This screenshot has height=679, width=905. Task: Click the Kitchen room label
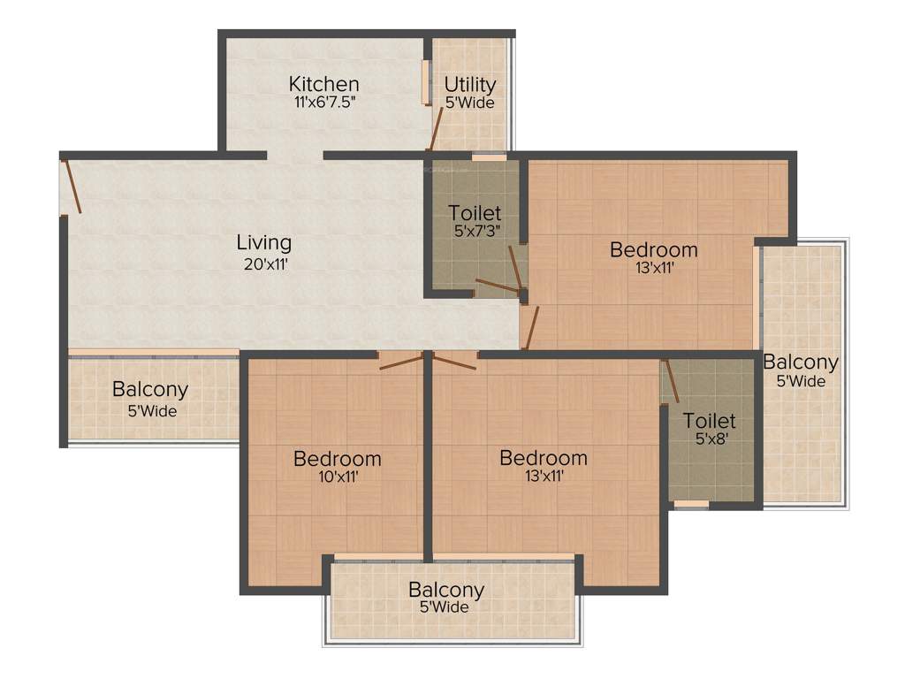323,84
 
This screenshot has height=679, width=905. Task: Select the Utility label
469,85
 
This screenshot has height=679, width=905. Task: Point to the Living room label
263,242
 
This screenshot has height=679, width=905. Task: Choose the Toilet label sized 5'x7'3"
475,213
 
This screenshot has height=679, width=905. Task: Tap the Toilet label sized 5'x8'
709,421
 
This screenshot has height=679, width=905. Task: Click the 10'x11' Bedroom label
338,459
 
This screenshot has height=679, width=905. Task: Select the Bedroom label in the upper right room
654,249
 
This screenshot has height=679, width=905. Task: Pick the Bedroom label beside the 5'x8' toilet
544,458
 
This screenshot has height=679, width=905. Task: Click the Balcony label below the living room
150,389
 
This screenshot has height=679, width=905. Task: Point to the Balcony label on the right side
801,362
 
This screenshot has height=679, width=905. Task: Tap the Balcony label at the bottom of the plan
445,590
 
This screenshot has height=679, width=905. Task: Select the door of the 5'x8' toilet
671,382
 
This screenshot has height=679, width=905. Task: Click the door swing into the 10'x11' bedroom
400,361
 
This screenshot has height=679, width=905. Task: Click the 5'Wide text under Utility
469,103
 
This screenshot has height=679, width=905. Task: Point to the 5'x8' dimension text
709,439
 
